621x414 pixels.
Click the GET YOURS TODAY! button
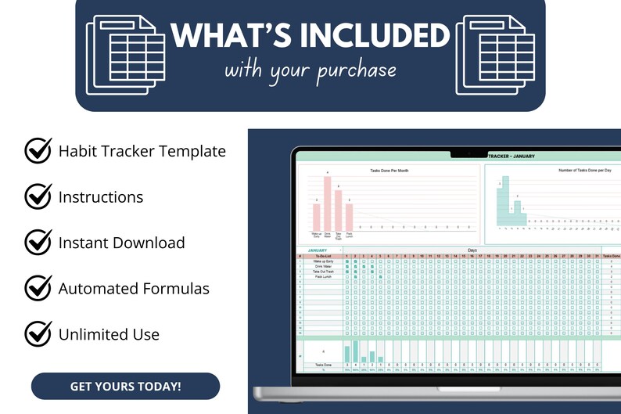pyautogui.click(x=125, y=386)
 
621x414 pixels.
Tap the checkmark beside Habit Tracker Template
pyautogui.click(x=38, y=150)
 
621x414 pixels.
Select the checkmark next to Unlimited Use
pyautogui.click(x=38, y=333)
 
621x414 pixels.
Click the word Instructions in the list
pyautogui.click(x=101, y=196)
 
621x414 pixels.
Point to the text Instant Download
pyautogui.click(x=121, y=243)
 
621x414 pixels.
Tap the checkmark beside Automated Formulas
pyautogui.click(x=38, y=288)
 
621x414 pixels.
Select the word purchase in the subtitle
pyautogui.click(x=357, y=70)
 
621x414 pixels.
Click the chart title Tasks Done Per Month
pyautogui.click(x=389, y=170)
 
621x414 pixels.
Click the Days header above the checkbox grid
pyautogui.click(x=471, y=250)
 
